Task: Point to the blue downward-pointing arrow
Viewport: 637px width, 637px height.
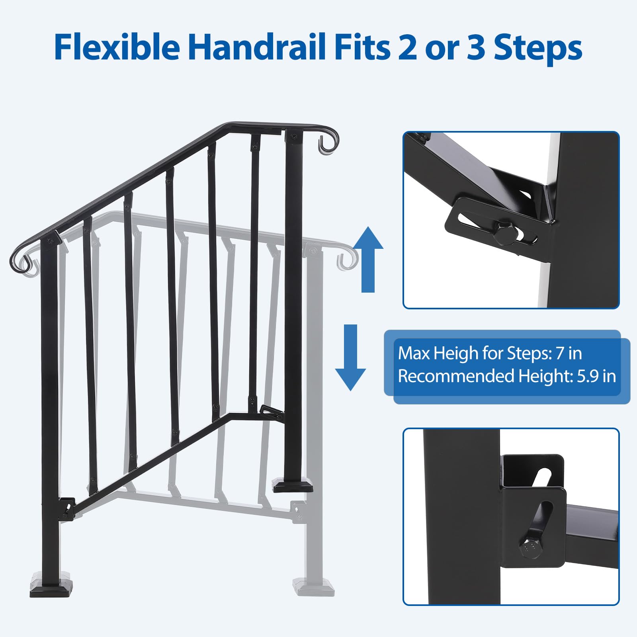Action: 350,357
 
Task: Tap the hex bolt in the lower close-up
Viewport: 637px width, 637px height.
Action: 530,549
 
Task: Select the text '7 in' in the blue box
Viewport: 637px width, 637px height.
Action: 569,353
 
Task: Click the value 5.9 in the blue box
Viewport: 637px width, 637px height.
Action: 588,376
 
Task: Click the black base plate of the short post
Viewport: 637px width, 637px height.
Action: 293,486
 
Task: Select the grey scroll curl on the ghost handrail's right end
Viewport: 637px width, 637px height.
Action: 347,259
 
